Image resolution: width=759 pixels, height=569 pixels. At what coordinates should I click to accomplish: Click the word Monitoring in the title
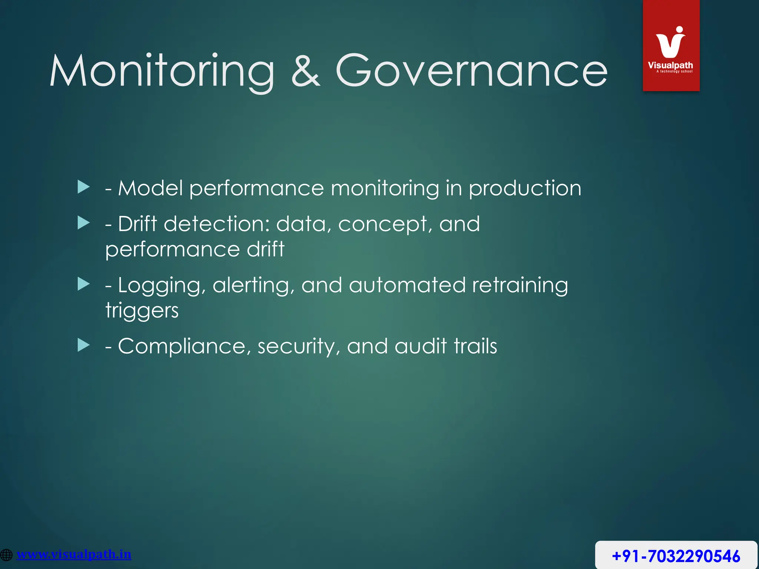[x=162, y=71]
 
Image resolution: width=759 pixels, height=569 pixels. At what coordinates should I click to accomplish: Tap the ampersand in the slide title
[x=305, y=71]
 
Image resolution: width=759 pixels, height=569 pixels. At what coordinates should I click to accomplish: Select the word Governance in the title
[x=471, y=71]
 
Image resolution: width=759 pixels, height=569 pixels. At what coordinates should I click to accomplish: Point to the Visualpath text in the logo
[x=670, y=65]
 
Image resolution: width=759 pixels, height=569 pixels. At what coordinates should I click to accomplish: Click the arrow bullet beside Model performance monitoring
[x=84, y=187]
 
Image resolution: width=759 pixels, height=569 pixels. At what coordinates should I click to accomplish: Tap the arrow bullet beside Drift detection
[x=84, y=223]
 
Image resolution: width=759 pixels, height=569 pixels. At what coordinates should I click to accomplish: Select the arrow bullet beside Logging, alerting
[x=84, y=284]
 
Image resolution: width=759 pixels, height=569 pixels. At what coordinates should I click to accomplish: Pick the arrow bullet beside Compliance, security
[x=84, y=345]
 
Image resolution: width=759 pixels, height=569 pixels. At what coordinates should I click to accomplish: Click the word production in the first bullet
[x=525, y=189]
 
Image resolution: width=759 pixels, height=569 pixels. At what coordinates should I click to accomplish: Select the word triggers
[x=142, y=310]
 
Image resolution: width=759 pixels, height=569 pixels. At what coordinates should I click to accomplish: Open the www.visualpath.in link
[x=74, y=554]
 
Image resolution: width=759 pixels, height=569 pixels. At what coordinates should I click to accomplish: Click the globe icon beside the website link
[x=6, y=555]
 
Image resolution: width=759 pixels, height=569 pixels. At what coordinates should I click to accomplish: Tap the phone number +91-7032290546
[x=676, y=556]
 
